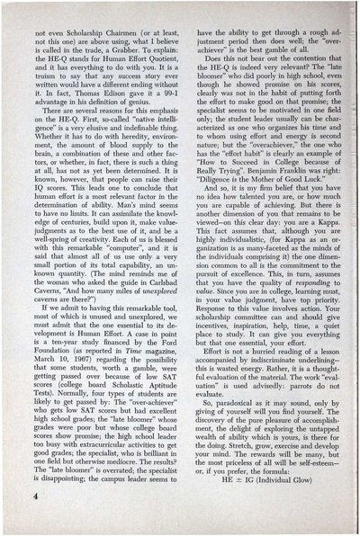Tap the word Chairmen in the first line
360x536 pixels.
(106, 30)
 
